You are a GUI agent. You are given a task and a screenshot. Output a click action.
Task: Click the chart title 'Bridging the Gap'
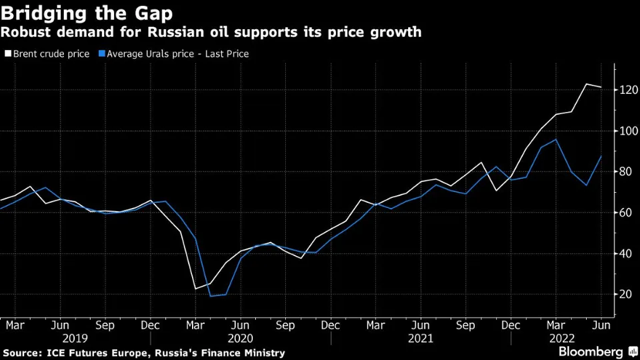(86, 13)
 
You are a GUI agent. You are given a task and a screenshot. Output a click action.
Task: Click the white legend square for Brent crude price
(8, 54)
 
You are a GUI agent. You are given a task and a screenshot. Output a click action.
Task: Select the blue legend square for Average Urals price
(100, 54)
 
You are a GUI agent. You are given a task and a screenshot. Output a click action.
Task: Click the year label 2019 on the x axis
(75, 338)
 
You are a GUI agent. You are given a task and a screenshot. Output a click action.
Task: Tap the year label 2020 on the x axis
(240, 338)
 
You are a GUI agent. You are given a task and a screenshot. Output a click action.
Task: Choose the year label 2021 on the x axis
(420, 338)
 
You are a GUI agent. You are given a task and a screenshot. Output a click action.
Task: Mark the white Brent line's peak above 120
(586, 84)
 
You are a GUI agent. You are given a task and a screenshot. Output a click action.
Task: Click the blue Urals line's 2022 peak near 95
(556, 140)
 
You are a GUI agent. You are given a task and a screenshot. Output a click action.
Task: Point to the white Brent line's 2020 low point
(195, 288)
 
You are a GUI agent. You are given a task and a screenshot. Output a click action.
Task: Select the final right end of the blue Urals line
(601, 156)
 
